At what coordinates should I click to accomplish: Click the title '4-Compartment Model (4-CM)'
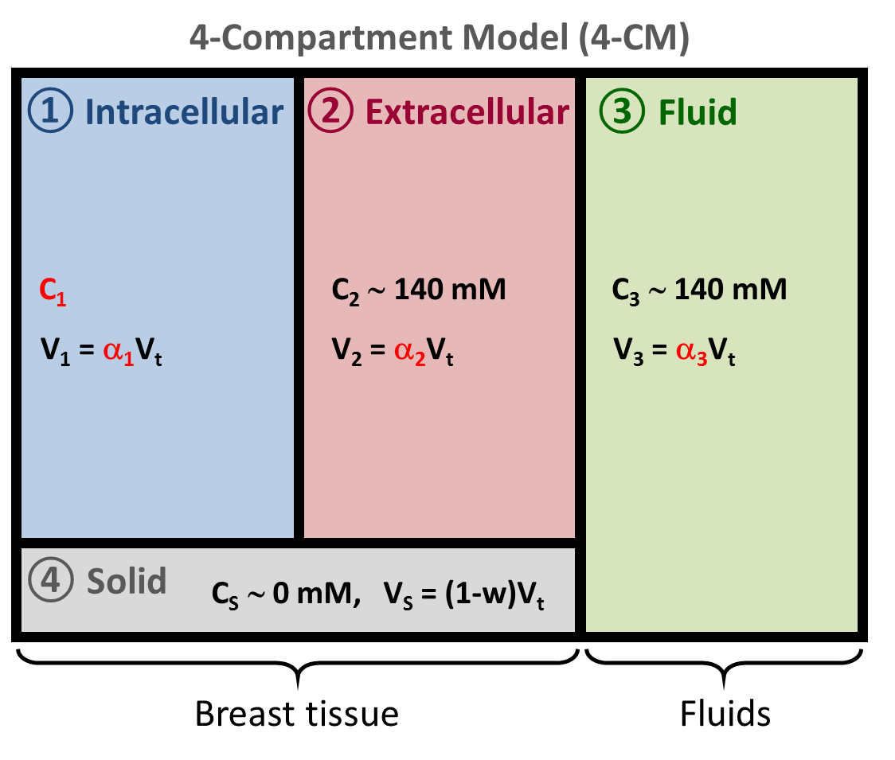(x=439, y=38)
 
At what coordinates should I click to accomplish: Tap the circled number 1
(x=51, y=111)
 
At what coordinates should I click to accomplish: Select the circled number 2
(x=330, y=111)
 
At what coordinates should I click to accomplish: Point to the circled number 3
(x=622, y=111)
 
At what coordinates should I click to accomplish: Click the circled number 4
(x=51, y=581)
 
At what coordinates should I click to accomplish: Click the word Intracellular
(x=184, y=112)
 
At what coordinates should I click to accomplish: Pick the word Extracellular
(x=467, y=112)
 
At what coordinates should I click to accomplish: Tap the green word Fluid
(x=698, y=112)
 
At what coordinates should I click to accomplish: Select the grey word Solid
(x=127, y=581)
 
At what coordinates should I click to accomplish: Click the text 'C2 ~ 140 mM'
(x=419, y=290)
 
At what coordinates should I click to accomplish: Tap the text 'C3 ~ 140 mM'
(x=699, y=290)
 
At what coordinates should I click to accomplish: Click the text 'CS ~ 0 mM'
(x=282, y=594)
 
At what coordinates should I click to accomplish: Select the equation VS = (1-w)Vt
(x=464, y=594)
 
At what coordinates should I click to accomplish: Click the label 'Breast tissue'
(x=296, y=714)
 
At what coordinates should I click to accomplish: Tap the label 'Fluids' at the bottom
(x=725, y=714)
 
